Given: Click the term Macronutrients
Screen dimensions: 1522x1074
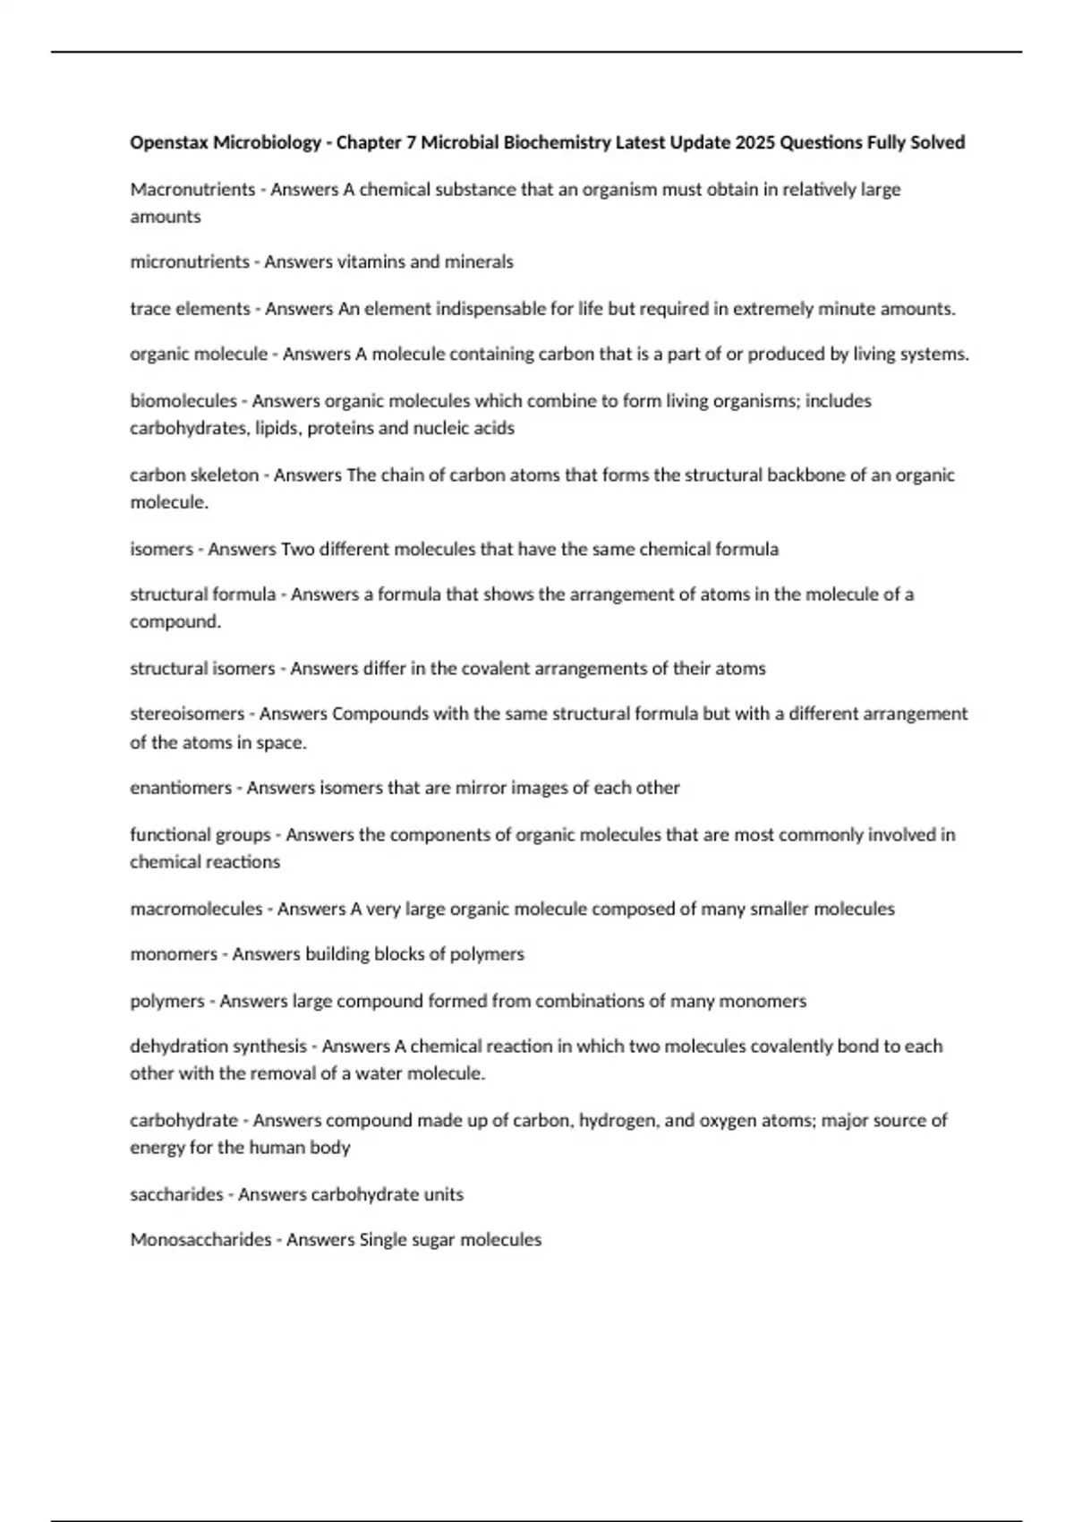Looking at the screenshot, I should point(192,189).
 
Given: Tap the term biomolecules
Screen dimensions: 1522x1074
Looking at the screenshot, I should point(183,400).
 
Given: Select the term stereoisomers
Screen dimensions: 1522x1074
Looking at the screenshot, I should point(187,714).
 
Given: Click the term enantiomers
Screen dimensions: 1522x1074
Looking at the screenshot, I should point(181,788).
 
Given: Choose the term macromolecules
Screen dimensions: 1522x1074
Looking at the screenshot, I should point(196,909).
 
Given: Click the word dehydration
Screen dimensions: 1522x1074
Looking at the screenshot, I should point(177,1046).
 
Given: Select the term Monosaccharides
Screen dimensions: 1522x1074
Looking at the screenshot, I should point(200,1240).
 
